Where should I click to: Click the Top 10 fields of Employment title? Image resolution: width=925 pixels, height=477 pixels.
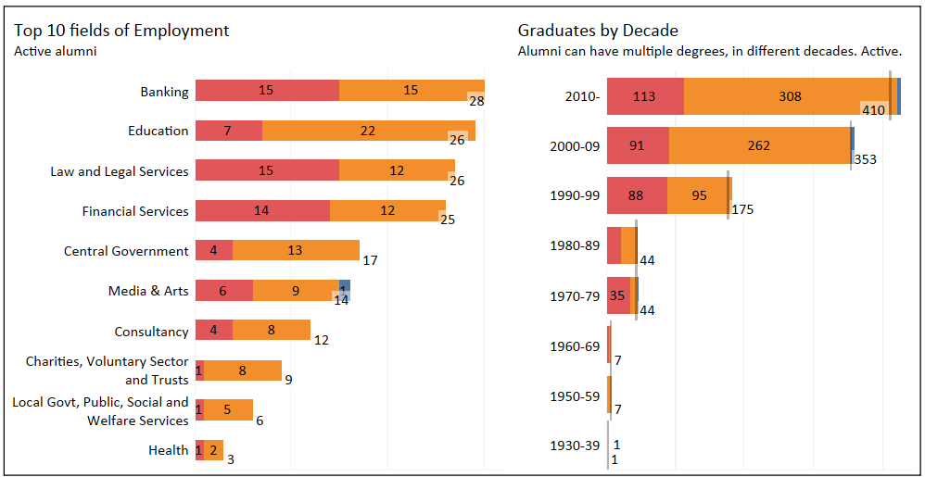[121, 31]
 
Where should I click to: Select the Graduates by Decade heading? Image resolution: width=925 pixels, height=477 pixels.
[598, 31]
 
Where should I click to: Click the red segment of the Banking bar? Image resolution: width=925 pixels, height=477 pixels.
[267, 91]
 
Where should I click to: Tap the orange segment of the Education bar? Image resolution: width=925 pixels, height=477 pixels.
[368, 131]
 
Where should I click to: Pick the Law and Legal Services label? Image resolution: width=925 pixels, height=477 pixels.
[120, 171]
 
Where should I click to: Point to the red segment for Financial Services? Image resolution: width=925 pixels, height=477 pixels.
[262, 211]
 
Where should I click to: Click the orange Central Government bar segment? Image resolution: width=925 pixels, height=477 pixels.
[296, 250]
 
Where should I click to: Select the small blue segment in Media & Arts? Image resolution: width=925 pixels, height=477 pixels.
[345, 287]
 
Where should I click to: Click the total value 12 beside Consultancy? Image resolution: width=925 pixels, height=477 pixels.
[322, 340]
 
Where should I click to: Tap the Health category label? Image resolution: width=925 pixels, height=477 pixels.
[169, 451]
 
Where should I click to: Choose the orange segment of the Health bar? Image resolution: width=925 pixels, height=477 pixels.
[214, 451]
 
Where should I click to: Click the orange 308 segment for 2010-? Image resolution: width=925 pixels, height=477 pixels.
[789, 96]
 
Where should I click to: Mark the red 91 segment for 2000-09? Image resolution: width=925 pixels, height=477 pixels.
[638, 145]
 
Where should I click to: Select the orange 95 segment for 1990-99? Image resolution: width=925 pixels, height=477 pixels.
[698, 195]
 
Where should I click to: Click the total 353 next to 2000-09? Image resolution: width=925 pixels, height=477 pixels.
[865, 159]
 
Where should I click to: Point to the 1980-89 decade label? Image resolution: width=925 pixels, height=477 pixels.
[575, 245]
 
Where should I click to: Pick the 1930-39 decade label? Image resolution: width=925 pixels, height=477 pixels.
[575, 446]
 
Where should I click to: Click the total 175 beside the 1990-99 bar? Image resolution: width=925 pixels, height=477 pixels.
[742, 209]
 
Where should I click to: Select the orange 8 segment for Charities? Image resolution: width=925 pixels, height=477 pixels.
[243, 370]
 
